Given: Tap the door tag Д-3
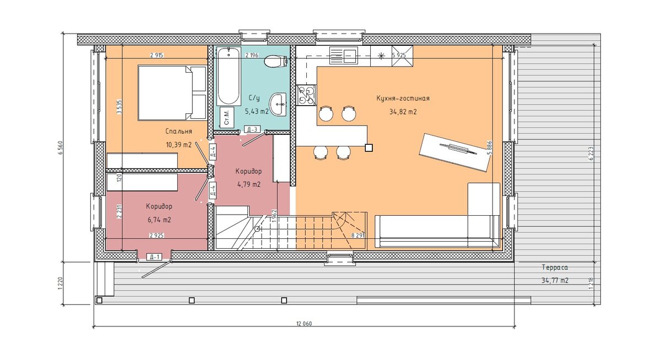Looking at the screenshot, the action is tap(252, 129).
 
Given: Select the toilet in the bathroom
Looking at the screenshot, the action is tap(276, 62).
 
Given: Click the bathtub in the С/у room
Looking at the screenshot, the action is tap(228, 76).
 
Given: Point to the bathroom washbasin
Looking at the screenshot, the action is tap(278, 105).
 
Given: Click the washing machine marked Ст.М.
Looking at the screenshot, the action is tap(227, 117).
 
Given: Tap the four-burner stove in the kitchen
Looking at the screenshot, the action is tap(306, 95).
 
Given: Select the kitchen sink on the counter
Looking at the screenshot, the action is tap(344, 56).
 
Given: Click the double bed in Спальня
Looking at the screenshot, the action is tap(172, 93).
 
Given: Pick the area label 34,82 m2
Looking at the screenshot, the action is tap(403, 112).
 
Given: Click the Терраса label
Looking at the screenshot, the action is tap(555, 268).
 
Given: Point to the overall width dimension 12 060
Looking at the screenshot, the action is tap(304, 324).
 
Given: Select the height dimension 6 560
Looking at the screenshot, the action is tap(60, 150).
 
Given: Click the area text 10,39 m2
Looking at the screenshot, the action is tap(179, 145).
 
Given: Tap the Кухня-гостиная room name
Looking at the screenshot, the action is tap(403, 98).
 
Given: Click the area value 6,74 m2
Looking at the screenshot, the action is tap(159, 220).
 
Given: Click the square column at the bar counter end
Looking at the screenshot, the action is tap(369, 148).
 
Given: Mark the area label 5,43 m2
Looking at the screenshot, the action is tap(257, 111).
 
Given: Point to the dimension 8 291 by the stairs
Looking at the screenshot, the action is tap(358, 236).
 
